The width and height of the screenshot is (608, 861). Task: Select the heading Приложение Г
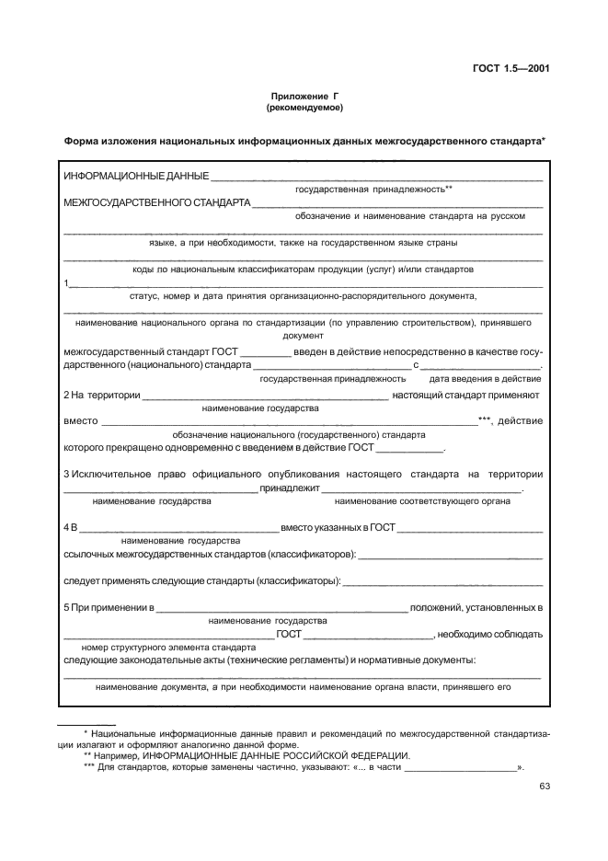tap(304, 97)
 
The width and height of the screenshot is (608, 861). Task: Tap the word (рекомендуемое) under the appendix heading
tap(304, 108)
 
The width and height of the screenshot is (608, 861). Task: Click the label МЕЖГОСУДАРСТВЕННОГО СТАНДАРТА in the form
tap(156, 202)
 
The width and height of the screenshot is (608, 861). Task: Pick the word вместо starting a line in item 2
tap(80, 420)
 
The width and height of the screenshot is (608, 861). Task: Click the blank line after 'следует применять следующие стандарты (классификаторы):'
tap(443, 582)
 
